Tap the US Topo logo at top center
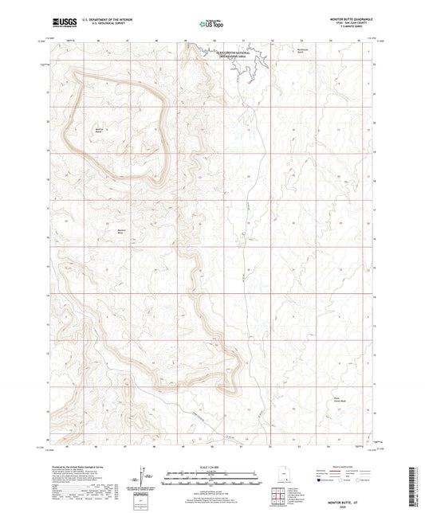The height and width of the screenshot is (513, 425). click(212, 23)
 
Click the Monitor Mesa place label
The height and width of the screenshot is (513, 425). click(100, 232)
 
